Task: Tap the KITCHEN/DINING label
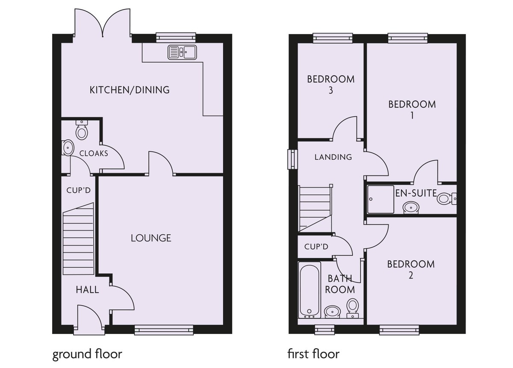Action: pyautogui.click(x=130, y=90)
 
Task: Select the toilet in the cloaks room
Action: pyautogui.click(x=81, y=130)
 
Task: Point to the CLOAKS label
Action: pyautogui.click(x=94, y=153)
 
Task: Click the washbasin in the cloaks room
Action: pyautogui.click(x=67, y=148)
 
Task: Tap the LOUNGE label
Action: pyautogui.click(x=151, y=238)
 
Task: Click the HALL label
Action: pyautogui.click(x=87, y=290)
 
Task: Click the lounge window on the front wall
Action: pyautogui.click(x=164, y=329)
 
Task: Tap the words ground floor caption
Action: pyautogui.click(x=87, y=354)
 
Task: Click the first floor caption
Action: pyautogui.click(x=313, y=354)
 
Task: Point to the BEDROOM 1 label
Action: pyautogui.click(x=412, y=109)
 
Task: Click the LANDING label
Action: pyautogui.click(x=333, y=157)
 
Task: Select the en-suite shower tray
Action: pyautogui.click(x=380, y=199)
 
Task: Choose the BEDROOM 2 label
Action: pyautogui.click(x=411, y=269)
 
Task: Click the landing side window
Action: pyautogui.click(x=293, y=159)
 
